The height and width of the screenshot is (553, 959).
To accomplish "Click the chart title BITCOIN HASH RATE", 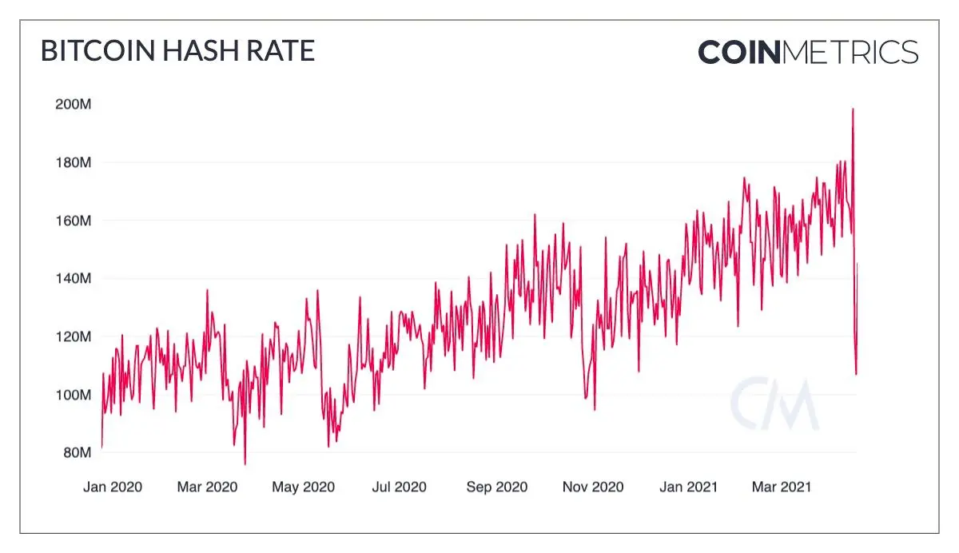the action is tap(177, 50).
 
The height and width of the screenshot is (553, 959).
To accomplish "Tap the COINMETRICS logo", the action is tap(808, 52).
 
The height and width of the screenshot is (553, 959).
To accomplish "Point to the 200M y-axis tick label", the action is tap(74, 104).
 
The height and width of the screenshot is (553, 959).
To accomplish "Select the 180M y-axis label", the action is tap(74, 163).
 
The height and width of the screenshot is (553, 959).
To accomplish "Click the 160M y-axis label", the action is tap(74, 221).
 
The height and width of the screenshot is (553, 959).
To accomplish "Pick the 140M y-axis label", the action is tap(74, 279).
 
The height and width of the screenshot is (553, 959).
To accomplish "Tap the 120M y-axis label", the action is tap(74, 337).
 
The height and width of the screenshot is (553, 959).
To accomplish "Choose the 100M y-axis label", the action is tap(74, 395).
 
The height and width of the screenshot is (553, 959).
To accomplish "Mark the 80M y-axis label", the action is tap(77, 452).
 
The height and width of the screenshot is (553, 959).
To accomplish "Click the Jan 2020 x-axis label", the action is tap(113, 487).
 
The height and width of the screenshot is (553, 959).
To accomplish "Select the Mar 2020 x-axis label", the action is tap(207, 487).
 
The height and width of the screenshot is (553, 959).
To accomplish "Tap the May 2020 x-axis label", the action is tap(303, 487).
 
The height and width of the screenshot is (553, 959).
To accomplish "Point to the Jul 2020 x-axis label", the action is tap(399, 487).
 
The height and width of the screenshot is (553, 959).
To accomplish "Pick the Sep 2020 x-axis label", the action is tap(496, 487).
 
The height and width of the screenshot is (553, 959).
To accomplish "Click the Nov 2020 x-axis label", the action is tap(593, 487).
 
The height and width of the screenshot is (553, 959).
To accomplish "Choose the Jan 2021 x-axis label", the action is tap(688, 487).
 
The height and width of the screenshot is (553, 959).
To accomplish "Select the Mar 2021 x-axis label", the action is tap(782, 487).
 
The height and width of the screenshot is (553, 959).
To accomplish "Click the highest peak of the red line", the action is tap(853, 109).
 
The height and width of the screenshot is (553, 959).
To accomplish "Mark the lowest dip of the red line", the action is tap(245, 464).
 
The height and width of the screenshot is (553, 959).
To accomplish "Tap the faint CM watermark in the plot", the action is tap(774, 404).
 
